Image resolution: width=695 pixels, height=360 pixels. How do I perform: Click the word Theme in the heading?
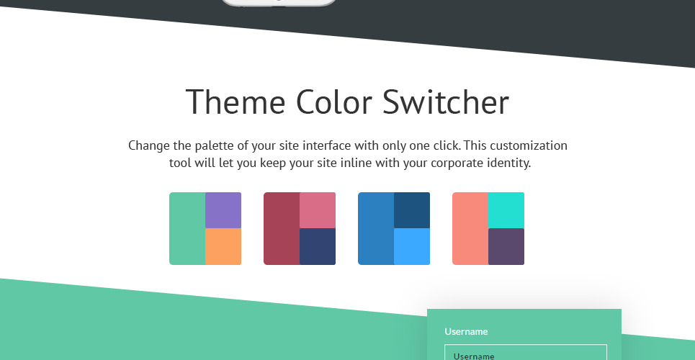pos(236,102)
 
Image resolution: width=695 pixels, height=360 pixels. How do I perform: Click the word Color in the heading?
pos(333,102)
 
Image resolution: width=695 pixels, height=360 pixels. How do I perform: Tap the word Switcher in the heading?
pos(446,102)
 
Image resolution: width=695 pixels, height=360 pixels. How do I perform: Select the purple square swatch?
pos(223,210)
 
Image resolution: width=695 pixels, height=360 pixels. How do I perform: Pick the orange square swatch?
pos(223,246)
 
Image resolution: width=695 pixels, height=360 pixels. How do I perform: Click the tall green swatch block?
pos(187,228)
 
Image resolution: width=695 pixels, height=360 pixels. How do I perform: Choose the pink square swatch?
pos(318,210)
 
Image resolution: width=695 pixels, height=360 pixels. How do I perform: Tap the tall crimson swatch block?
pos(282,228)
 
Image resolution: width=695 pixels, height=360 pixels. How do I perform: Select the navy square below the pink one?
pos(318,246)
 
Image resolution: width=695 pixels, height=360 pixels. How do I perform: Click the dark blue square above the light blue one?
pos(412,210)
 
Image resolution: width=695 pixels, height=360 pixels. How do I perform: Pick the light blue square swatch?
pos(412,246)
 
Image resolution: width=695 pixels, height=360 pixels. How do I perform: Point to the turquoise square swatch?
pos(506,210)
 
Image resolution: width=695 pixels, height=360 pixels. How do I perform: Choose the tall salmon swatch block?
pos(470,228)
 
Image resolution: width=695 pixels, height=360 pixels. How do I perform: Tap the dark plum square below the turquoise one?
pos(506,246)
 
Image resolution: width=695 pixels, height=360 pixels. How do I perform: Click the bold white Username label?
pos(466,332)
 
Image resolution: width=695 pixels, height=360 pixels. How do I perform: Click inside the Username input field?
pos(526,353)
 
